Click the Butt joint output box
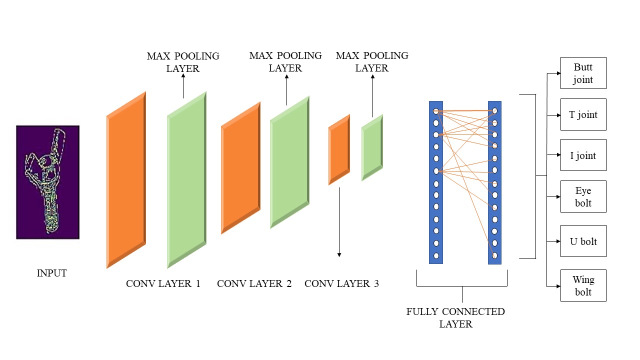tap(583, 73)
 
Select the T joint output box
tap(583, 114)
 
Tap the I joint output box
tap(583, 155)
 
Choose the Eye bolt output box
tap(583, 197)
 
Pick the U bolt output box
tap(583, 241)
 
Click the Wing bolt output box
tap(583, 285)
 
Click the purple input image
tap(47, 182)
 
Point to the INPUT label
tap(51, 273)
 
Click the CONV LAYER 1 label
tap(163, 284)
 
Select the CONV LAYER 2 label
tap(254, 284)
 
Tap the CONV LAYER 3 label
tap(341, 284)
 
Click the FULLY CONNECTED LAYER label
tap(455, 317)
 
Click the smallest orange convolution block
tap(339, 149)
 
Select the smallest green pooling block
tap(372, 147)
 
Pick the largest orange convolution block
tap(126, 180)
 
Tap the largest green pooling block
tap(186, 180)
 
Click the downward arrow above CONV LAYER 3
tap(339, 222)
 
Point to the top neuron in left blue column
tap(436, 111)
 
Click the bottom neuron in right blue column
tap(494, 255)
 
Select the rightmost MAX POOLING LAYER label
tap(372, 61)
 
